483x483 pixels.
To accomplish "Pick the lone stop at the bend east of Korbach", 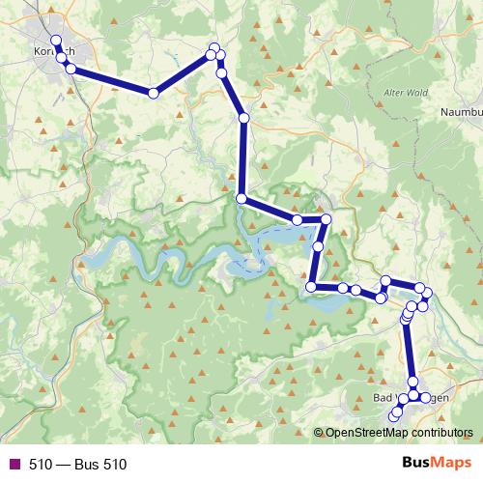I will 153,93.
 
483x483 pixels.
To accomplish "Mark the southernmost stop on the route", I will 392,417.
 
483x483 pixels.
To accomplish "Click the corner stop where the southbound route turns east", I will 241,199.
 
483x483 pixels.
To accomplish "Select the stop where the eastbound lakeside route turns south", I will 326,220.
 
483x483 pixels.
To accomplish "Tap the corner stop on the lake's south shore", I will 311,286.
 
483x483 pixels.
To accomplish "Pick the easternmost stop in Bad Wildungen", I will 425,397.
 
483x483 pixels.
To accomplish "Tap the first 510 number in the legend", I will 40,465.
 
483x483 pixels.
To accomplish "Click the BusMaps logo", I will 432,464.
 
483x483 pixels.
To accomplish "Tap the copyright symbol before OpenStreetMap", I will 319,433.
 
